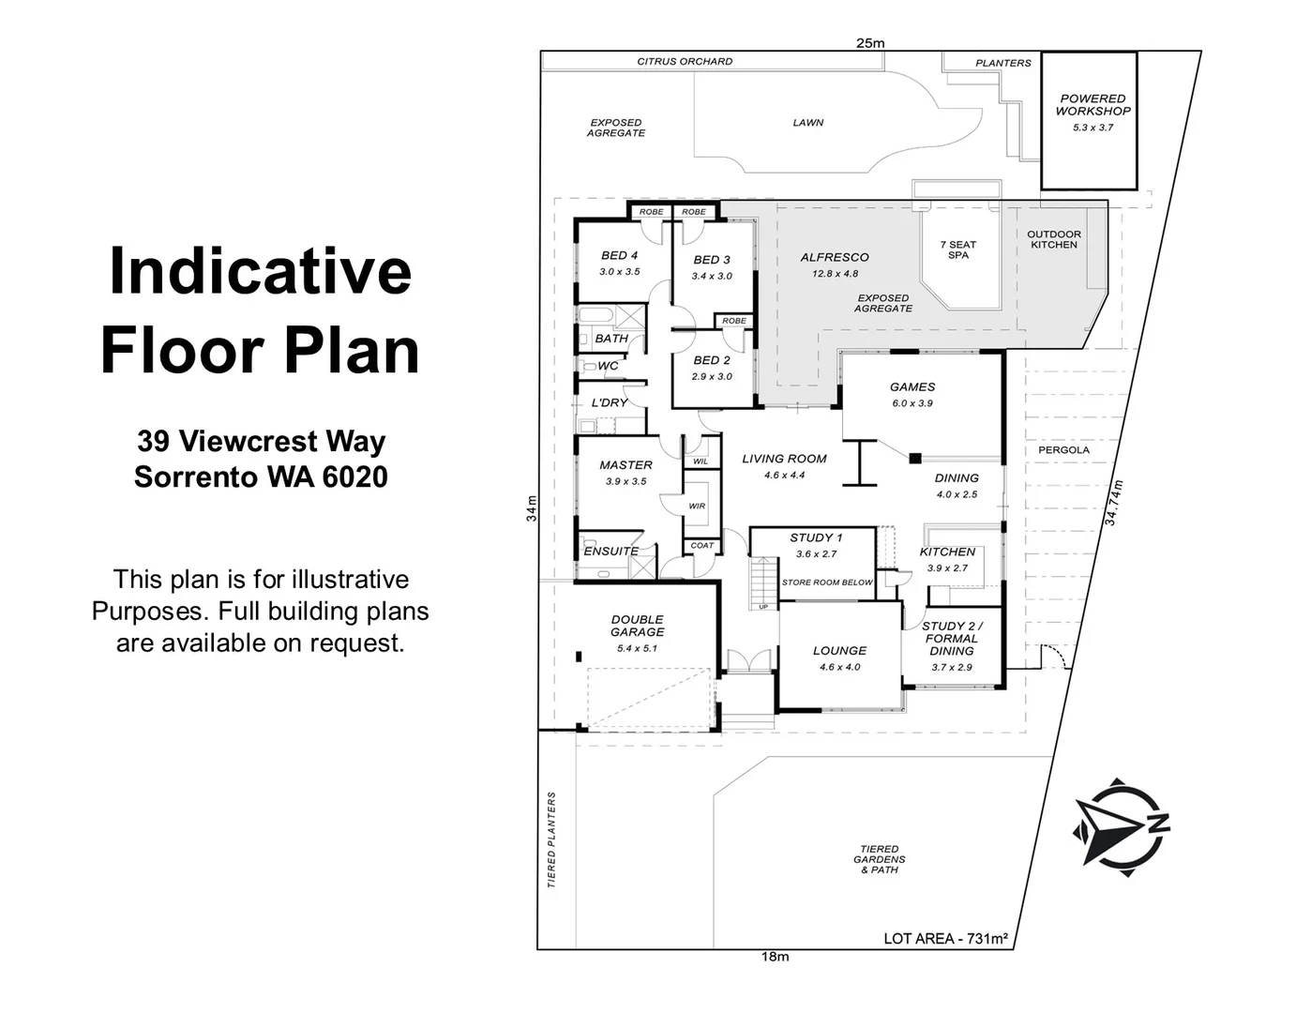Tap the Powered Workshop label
pos(1092,104)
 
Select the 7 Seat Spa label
pos(957,249)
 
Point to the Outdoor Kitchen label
pos(1053,239)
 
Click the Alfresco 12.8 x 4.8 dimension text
pos(836,274)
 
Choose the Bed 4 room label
pos(619,255)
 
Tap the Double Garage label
pos(637,626)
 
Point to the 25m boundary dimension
pos(869,42)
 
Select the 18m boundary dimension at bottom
pos(775,957)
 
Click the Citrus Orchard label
pos(685,62)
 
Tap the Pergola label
pos(1063,450)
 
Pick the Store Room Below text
pos(826,582)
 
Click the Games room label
pos(912,386)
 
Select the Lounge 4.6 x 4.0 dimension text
pos(839,667)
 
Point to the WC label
pos(608,366)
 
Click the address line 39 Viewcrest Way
pos(261,441)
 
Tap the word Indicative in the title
pos(260,270)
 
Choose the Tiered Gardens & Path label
pos(879,859)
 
